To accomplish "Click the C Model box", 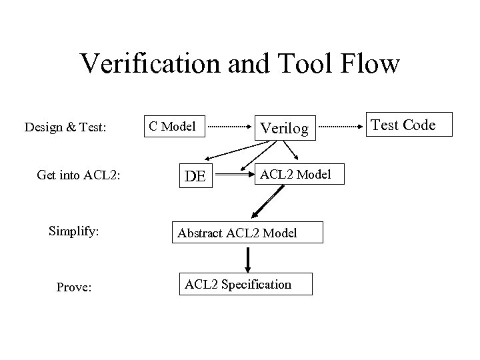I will click(171, 126).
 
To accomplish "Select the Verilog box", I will click(285, 127).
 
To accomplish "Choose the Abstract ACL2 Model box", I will click(248, 233).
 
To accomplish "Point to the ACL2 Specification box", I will click(238, 285).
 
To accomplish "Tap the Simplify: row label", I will click(73, 231).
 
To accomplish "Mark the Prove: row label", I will click(74, 287).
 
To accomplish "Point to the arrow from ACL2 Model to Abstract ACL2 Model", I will click(267, 203).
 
